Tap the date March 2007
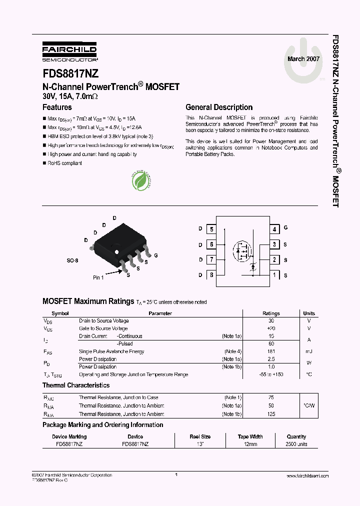point(303,59)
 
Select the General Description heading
point(219,107)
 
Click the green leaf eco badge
point(142,181)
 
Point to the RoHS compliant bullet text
point(64,163)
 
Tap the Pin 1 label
point(98,277)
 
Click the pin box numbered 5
point(212,229)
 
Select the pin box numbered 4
point(274,229)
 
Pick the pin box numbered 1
point(274,274)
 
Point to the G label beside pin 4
point(285,227)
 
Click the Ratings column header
point(271,313)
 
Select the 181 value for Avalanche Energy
point(271,351)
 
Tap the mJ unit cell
point(308,351)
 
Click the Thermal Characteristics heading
point(76,385)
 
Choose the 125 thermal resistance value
point(271,414)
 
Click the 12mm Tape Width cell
point(250,444)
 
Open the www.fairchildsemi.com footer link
point(306,476)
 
